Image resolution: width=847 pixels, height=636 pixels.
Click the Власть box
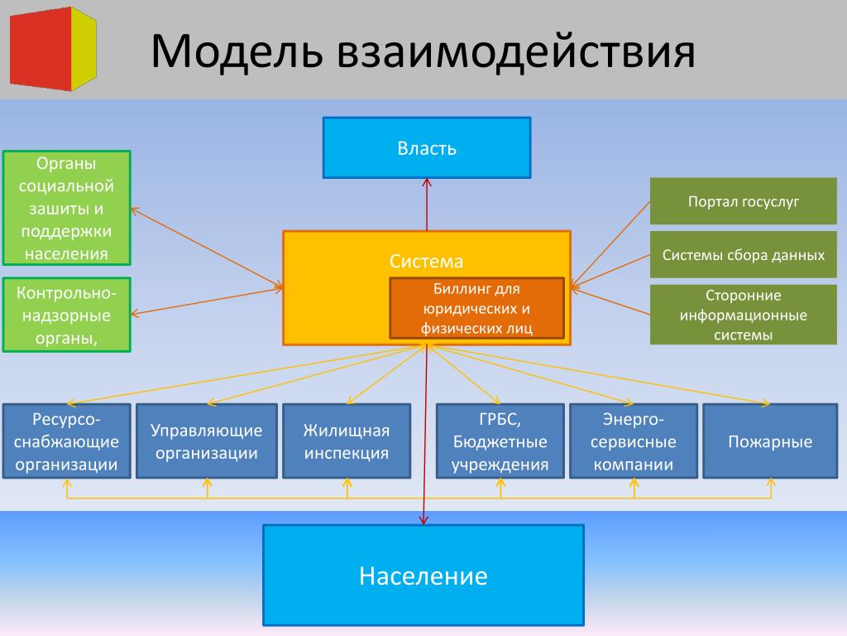[427, 147]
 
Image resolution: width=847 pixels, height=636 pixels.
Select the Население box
[423, 576]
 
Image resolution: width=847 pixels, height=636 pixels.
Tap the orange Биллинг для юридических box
[477, 308]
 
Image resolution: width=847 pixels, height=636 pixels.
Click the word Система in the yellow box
[426, 262]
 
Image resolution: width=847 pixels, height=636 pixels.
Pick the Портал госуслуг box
[744, 201]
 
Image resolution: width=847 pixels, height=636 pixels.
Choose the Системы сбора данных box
[744, 255]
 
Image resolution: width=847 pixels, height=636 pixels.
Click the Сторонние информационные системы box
[744, 315]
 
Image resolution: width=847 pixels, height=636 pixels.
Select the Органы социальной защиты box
[66, 208]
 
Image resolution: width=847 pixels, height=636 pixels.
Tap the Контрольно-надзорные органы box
[66, 315]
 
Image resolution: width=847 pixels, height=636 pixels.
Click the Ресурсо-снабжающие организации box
[66, 441]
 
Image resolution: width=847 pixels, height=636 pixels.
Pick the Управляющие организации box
[207, 441]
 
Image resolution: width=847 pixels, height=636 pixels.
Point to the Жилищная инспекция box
[347, 441]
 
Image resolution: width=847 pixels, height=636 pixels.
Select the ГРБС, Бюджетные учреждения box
[500, 441]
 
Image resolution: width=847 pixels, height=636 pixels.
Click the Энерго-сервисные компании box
[634, 441]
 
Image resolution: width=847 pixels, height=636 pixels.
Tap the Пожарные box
[770, 441]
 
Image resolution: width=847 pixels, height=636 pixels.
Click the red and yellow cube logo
[53, 49]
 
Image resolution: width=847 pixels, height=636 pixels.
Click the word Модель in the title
[237, 51]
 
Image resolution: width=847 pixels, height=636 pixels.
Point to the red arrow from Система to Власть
[427, 205]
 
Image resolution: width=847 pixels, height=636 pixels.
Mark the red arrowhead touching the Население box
[424, 520]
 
